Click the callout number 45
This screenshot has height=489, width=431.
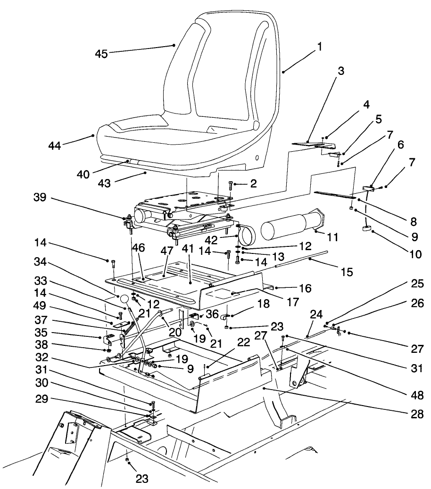[x=102, y=54]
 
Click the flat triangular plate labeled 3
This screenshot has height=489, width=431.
[x=309, y=141]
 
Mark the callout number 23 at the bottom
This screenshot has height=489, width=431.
[x=142, y=479]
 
